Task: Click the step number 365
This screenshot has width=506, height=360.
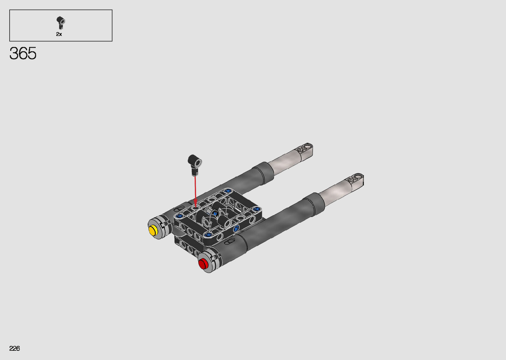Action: (23, 54)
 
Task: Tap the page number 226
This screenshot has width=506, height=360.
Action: (15, 348)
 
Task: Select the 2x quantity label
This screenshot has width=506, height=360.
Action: (59, 34)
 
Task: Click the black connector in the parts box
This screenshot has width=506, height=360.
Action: (60, 22)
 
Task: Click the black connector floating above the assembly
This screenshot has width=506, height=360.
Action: (194, 165)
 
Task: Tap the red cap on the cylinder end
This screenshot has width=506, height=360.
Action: (203, 264)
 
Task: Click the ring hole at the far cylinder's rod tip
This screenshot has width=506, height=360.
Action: (309, 146)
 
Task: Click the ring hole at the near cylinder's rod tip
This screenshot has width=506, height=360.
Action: (359, 176)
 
